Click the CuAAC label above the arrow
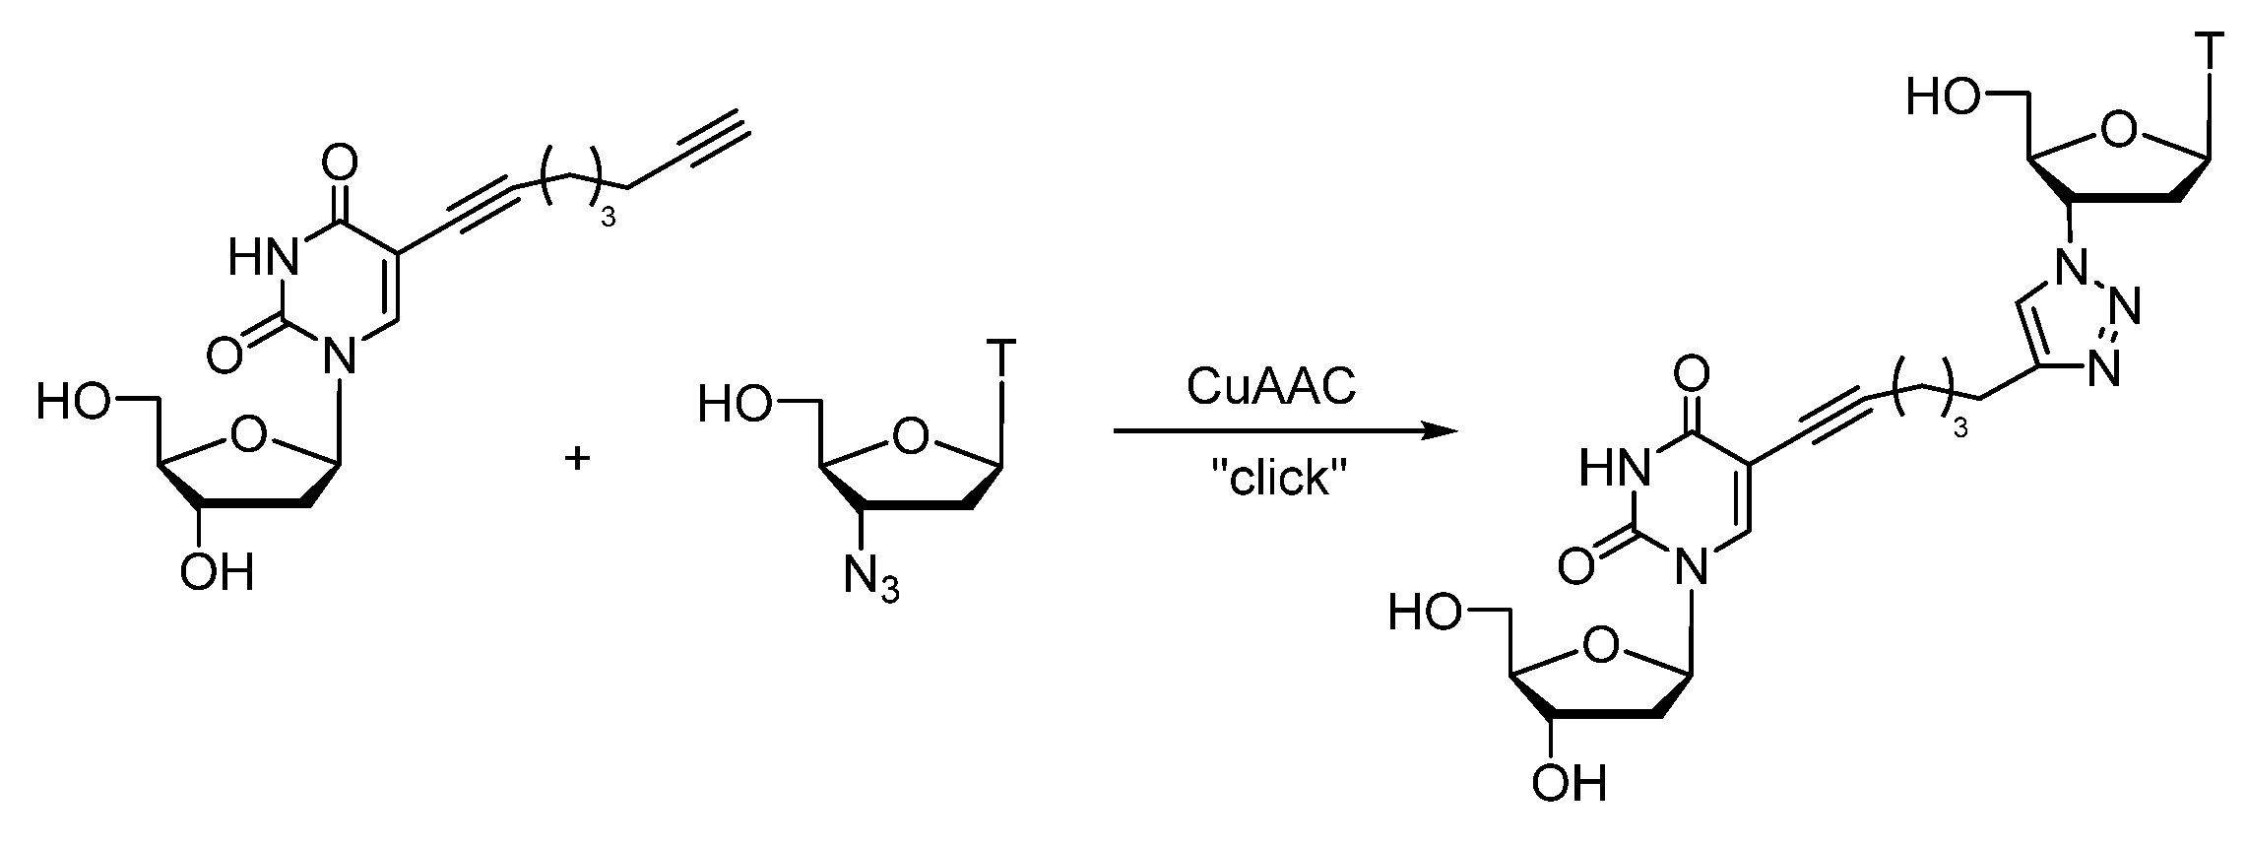click(1270, 387)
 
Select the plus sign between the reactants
click(577, 458)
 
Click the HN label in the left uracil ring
click(263, 259)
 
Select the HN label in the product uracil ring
click(1613, 467)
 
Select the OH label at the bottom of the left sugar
click(217, 572)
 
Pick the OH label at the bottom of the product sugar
click(1568, 783)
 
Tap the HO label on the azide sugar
click(734, 405)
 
